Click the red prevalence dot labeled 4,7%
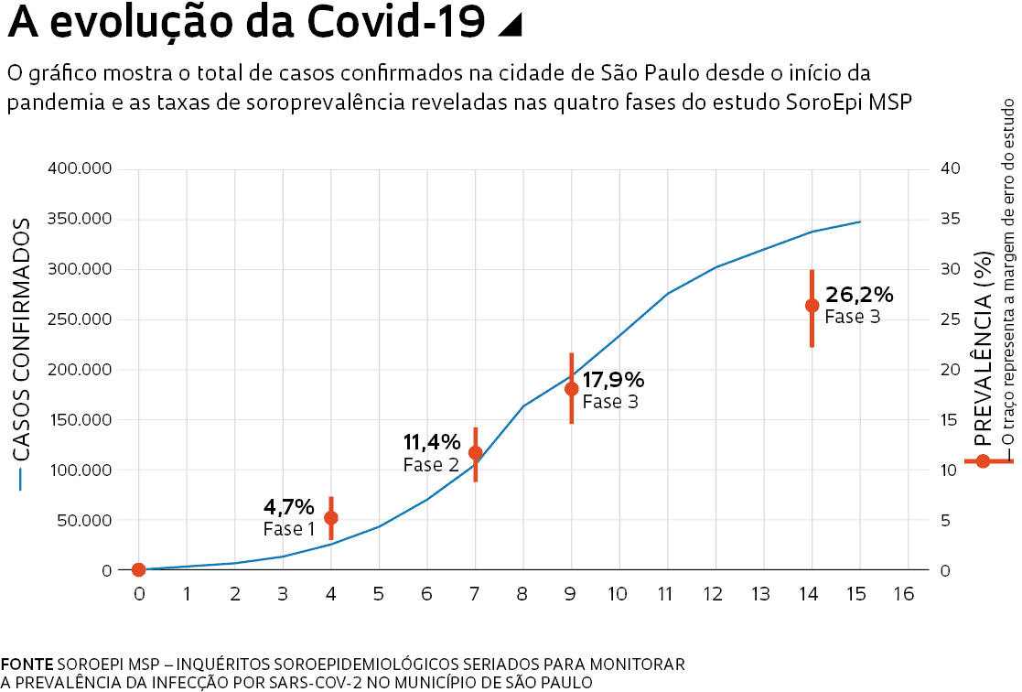pos(331,517)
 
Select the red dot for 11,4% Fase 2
pos(475,452)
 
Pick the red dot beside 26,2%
pos(812,305)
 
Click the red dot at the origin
pos(138,569)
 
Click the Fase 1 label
pos(289,529)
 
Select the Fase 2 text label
pos(431,465)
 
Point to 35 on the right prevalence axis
pos(950,220)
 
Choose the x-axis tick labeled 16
pos(903,595)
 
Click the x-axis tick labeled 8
pos(522,595)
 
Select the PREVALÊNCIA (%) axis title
pos(984,348)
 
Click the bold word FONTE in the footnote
pos(27,663)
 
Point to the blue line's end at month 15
pos(859,222)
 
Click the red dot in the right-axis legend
pos(984,460)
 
